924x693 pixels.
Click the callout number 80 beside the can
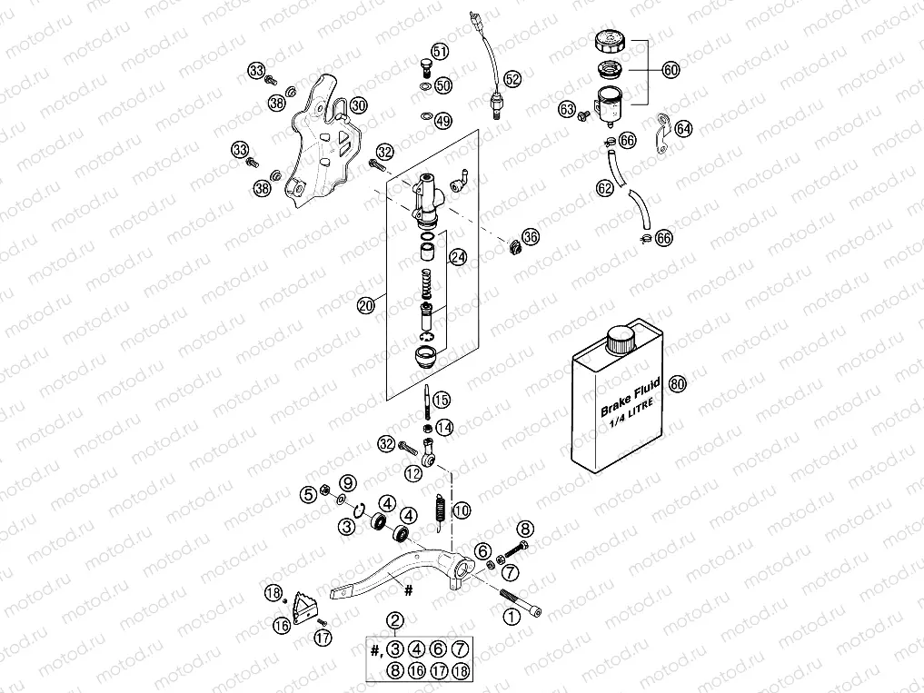pos(677,383)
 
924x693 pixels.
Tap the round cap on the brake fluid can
pos(621,343)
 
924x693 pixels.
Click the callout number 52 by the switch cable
pos(512,79)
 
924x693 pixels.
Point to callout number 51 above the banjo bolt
pos(440,52)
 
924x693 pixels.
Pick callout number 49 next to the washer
pos(442,120)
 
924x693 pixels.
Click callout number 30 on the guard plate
pos(358,105)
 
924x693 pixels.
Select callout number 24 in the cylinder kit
pos(458,258)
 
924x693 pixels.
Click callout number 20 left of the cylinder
pos(367,307)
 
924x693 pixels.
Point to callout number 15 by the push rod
pos(441,400)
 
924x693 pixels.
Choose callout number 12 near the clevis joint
pos(413,472)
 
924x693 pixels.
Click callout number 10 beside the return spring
pos(462,510)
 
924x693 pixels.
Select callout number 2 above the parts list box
pos(394,621)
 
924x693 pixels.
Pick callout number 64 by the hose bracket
pos(683,129)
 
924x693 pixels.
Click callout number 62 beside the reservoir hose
pos(604,189)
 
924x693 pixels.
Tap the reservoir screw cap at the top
pos(608,42)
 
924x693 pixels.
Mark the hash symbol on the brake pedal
pos(408,589)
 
